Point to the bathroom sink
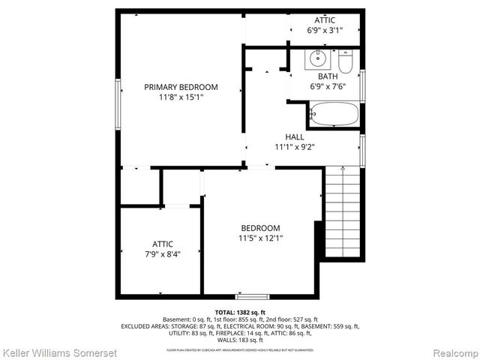click(316, 57)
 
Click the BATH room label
click(327, 76)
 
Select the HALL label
click(294, 136)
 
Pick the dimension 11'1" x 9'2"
click(294, 147)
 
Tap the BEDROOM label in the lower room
click(260, 228)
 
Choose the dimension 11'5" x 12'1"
click(260, 238)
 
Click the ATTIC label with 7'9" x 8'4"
click(163, 244)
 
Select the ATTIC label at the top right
click(325, 19)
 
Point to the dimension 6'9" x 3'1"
click(325, 31)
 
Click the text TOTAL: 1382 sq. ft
click(240, 312)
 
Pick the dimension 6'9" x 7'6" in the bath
click(327, 87)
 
